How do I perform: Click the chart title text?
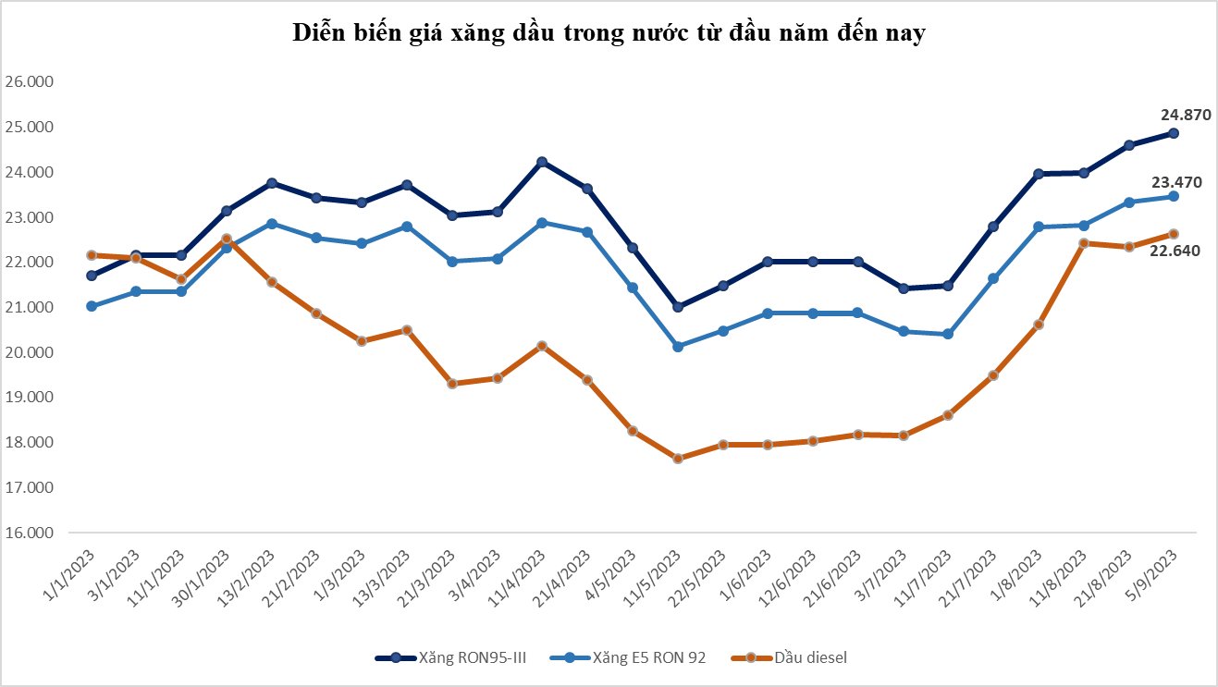click(609, 33)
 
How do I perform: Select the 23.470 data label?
click(1176, 182)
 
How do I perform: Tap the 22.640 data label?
click(1175, 250)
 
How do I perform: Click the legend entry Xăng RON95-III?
click(450, 657)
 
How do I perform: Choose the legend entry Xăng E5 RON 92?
click(628, 657)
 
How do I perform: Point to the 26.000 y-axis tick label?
click(30, 81)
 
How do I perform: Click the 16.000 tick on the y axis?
click(30, 534)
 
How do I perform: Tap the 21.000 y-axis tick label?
click(30, 307)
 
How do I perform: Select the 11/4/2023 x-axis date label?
click(523, 575)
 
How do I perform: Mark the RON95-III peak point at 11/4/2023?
click(542, 162)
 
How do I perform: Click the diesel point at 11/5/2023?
click(678, 459)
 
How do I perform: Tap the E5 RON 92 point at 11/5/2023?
click(678, 347)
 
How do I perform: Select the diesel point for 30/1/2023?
click(227, 239)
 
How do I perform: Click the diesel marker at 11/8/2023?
click(1084, 243)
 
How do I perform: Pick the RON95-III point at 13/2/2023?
click(272, 183)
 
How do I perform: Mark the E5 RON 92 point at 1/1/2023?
click(91, 306)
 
